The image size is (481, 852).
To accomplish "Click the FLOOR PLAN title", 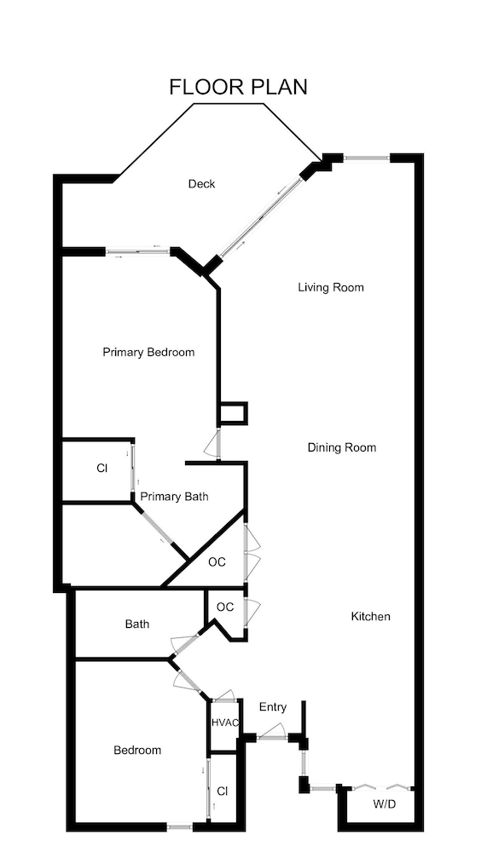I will click(x=238, y=87).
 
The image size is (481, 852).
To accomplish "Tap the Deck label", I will click(x=202, y=184).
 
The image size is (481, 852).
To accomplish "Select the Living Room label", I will click(x=331, y=287).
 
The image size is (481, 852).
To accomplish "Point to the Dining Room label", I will click(x=342, y=448).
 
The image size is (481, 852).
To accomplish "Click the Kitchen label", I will click(x=371, y=616).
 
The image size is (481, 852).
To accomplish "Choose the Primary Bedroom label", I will click(x=148, y=352).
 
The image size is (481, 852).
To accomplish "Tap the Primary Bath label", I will click(x=175, y=497).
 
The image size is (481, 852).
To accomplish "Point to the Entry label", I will click(x=273, y=707).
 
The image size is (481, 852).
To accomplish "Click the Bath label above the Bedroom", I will click(x=137, y=625).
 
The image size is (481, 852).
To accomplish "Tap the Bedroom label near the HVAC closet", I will click(x=137, y=751).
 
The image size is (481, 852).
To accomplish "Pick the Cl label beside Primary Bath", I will click(x=101, y=468).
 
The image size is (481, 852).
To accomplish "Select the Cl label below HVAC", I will click(x=223, y=792).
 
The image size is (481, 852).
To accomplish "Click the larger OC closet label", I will click(x=217, y=562).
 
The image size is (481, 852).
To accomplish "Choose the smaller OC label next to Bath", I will click(x=225, y=607).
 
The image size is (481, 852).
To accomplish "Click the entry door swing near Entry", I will click(x=273, y=731).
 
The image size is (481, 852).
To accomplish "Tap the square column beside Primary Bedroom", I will click(x=233, y=413).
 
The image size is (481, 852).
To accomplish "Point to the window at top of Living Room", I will click(x=367, y=158).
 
